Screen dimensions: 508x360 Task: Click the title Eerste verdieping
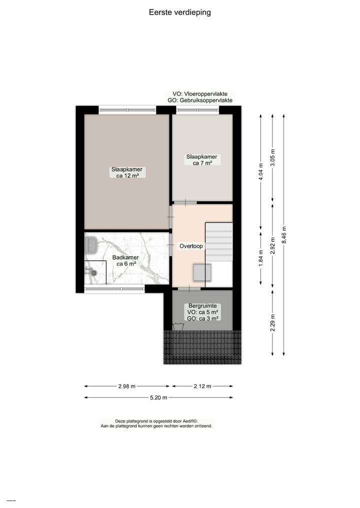tap(179, 12)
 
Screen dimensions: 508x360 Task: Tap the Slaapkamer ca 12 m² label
tap(126, 172)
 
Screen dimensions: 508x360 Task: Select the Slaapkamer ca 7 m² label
tap(202, 159)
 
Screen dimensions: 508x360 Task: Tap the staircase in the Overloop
tap(219, 242)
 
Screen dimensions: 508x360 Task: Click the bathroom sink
tap(91, 245)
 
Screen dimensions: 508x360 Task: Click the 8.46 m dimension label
tap(284, 233)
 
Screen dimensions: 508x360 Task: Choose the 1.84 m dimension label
tap(260, 258)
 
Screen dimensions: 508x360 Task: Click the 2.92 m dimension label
tap(272, 245)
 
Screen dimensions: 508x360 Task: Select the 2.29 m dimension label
tap(272, 323)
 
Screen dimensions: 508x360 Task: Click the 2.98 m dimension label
tap(126, 386)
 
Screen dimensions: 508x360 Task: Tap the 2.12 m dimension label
tap(202, 386)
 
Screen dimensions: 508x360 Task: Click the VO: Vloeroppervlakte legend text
tap(200, 94)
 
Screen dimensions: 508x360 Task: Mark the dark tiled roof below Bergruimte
tap(202, 347)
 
